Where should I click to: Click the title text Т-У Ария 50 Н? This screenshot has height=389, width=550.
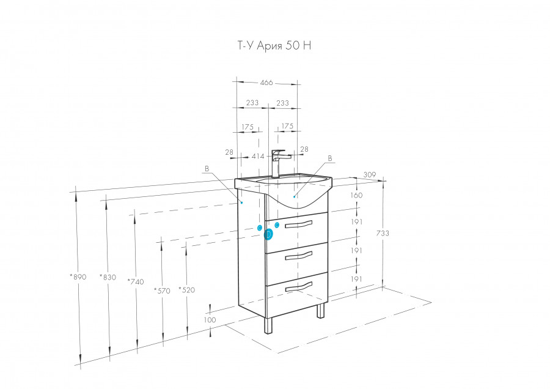[x=274, y=46]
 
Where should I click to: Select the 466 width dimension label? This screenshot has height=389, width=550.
[x=266, y=83]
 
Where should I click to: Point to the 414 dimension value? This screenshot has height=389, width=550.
[x=258, y=156]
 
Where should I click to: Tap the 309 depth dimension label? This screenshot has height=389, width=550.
[x=369, y=175]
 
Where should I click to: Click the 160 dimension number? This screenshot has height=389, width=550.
[x=356, y=195]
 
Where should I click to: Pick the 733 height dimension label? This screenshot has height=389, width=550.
[x=383, y=233]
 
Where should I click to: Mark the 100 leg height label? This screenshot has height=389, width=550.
[x=210, y=320]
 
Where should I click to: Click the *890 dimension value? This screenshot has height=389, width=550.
[x=78, y=276]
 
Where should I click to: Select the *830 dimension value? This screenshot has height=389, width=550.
[x=108, y=277]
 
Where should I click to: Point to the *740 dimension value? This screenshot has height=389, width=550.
[x=136, y=281]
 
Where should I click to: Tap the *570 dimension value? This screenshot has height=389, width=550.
[x=162, y=291]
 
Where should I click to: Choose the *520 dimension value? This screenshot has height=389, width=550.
[x=186, y=290]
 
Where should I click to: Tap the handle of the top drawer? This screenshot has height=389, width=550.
[x=298, y=224]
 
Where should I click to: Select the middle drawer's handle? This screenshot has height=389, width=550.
[x=298, y=256]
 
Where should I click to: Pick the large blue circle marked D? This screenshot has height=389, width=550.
[x=268, y=234]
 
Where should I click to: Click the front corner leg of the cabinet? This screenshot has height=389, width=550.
[x=268, y=325]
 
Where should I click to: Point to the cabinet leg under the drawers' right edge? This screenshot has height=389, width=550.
[x=321, y=310]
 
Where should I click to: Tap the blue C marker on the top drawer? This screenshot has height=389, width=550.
[x=277, y=225]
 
